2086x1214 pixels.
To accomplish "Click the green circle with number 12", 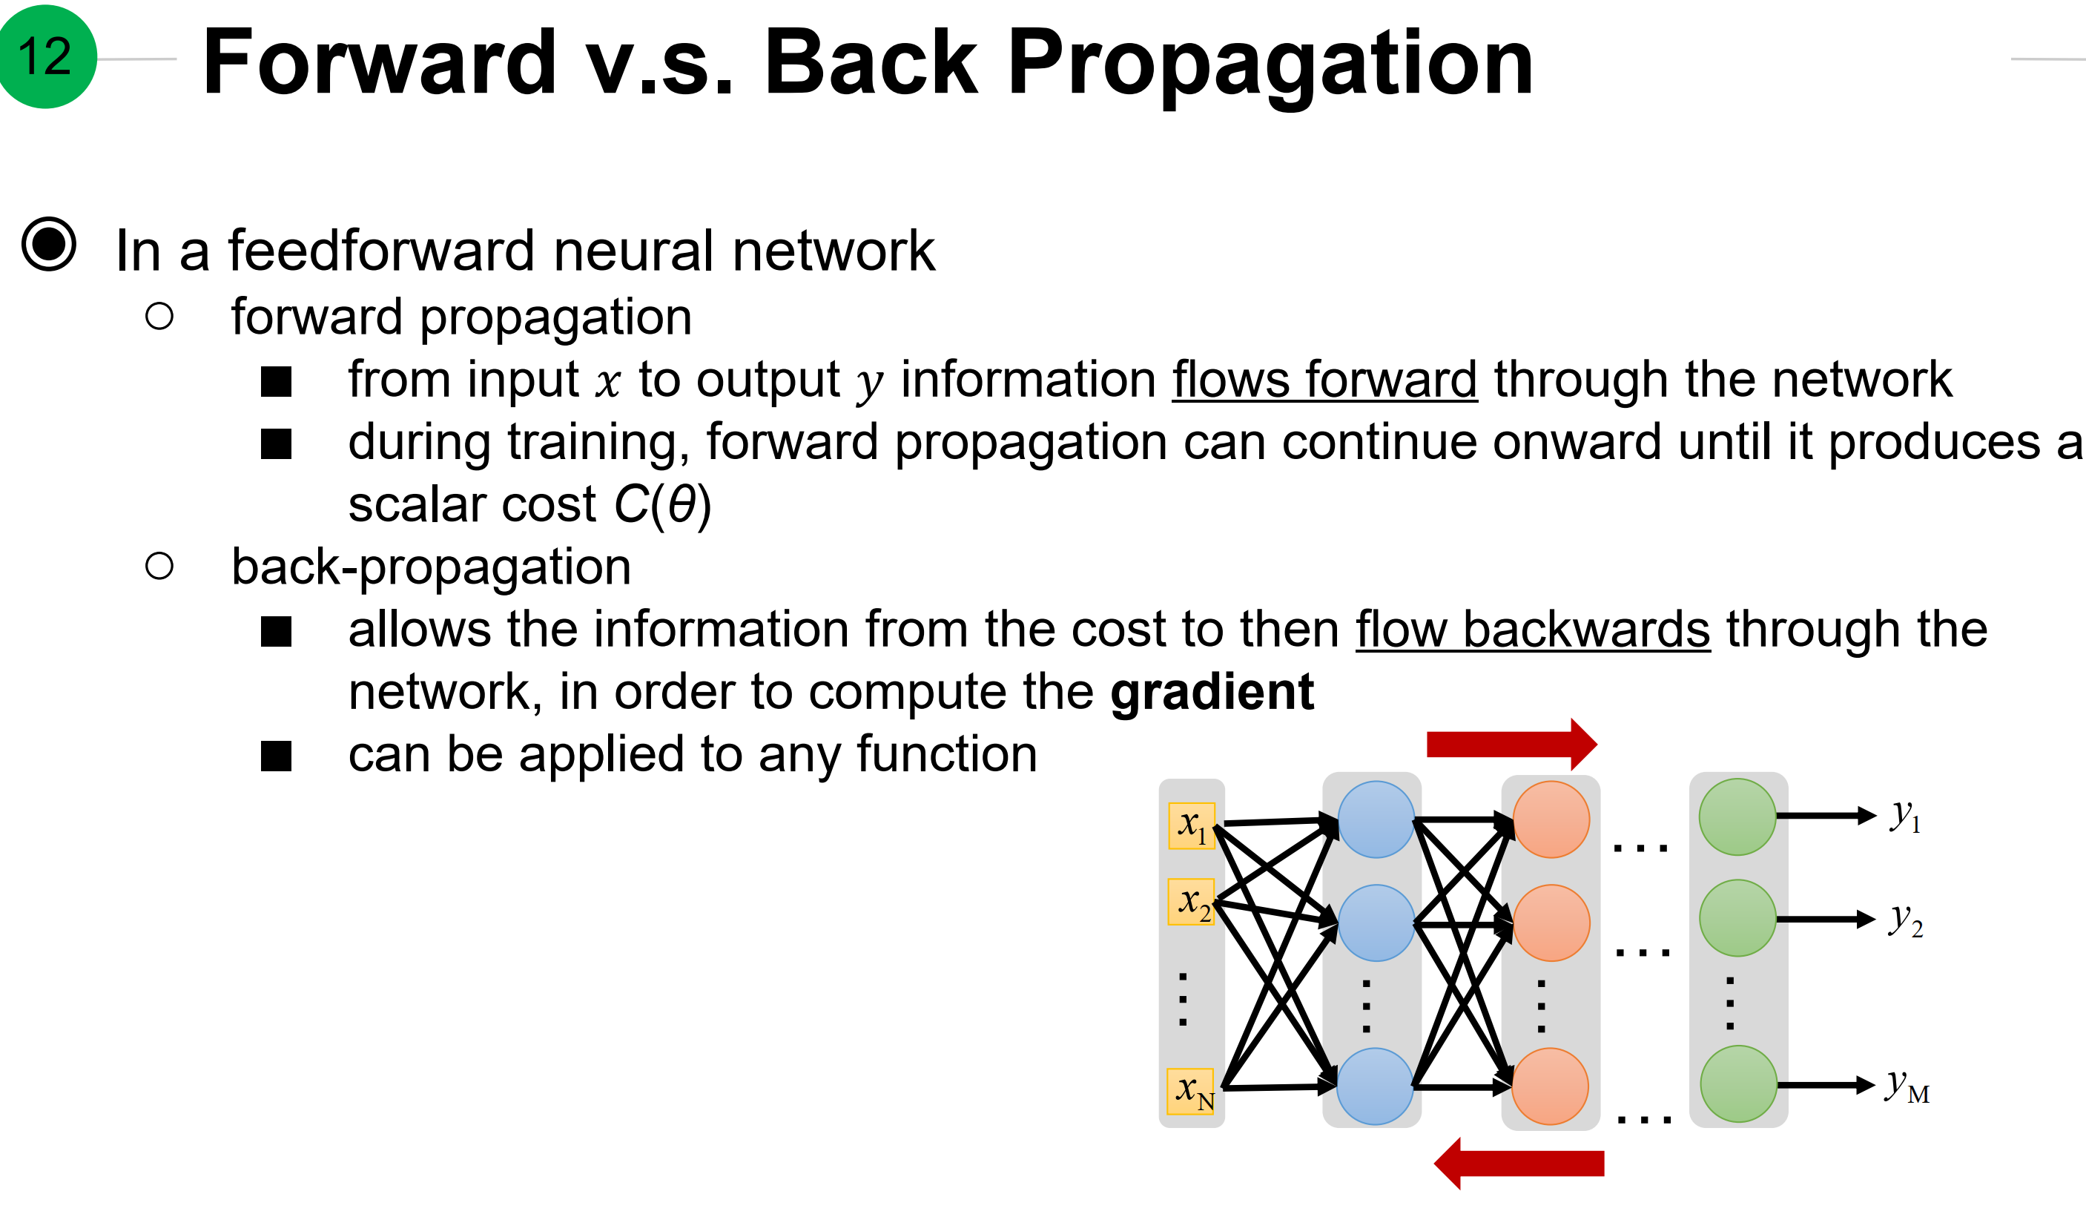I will click(x=47, y=56).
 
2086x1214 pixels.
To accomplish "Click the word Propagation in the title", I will click(x=1270, y=65).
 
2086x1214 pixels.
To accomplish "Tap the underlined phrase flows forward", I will click(x=1324, y=380).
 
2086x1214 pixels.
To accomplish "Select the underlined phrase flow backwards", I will click(x=1532, y=630).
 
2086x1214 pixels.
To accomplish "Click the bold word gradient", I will click(x=1212, y=693).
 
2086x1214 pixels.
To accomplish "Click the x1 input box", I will click(x=1191, y=825).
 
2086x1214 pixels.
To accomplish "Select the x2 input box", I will click(x=1191, y=902).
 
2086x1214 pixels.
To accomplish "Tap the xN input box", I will click(x=1191, y=1092).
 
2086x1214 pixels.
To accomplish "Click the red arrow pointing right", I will click(x=1511, y=745).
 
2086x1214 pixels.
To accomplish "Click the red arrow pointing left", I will click(x=1519, y=1164).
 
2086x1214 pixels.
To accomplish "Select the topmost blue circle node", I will click(x=1376, y=819).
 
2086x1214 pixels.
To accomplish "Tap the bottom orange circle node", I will click(x=1550, y=1086).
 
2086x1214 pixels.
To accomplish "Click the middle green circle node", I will click(x=1737, y=918).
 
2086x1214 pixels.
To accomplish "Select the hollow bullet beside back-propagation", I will click(x=159, y=567).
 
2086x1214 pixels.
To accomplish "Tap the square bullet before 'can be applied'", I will click(x=276, y=756).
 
